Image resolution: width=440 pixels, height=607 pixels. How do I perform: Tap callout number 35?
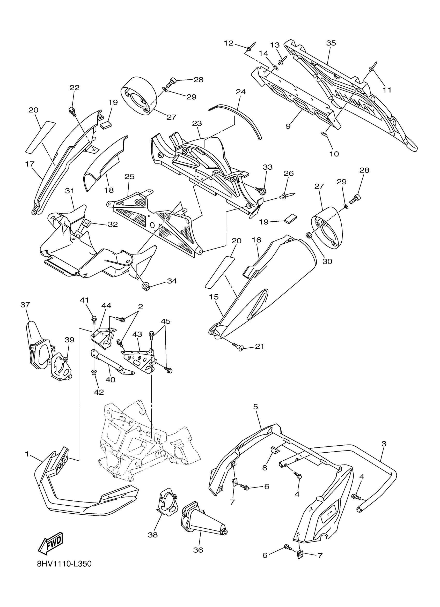[x=331, y=43]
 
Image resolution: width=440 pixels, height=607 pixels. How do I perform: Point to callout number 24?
[x=240, y=92]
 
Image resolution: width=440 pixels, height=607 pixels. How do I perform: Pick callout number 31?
[x=70, y=191]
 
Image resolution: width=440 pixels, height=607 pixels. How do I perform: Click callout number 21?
[x=260, y=346]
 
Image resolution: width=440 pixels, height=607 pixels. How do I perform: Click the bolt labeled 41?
[x=94, y=319]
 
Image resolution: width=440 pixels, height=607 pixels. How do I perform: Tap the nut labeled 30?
[x=308, y=235]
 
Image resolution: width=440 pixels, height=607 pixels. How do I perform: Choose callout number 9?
[x=288, y=126]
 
